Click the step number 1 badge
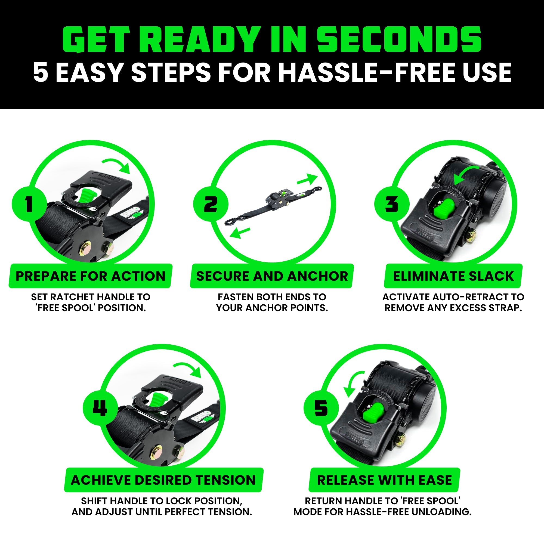(x=29, y=203)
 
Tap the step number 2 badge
(x=210, y=203)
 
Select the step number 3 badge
(x=392, y=203)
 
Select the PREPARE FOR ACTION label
(x=90, y=276)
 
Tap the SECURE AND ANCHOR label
(x=272, y=276)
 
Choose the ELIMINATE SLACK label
(x=453, y=276)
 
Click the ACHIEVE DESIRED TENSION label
(x=163, y=480)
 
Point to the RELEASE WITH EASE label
(x=384, y=480)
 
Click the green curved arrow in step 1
(x=117, y=165)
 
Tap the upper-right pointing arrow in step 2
(x=307, y=179)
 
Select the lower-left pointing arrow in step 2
(x=240, y=233)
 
